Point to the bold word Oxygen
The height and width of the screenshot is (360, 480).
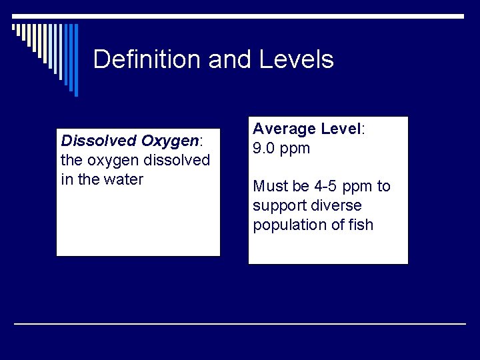point(170,141)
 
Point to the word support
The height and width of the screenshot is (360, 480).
point(278,205)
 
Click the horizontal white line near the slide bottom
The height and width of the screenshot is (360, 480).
point(240,323)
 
